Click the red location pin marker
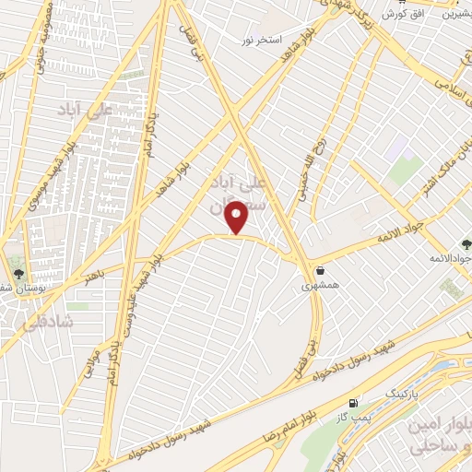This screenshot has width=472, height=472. tap(238, 218)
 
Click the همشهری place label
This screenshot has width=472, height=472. tap(320, 287)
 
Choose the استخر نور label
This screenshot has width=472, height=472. tap(260, 40)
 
